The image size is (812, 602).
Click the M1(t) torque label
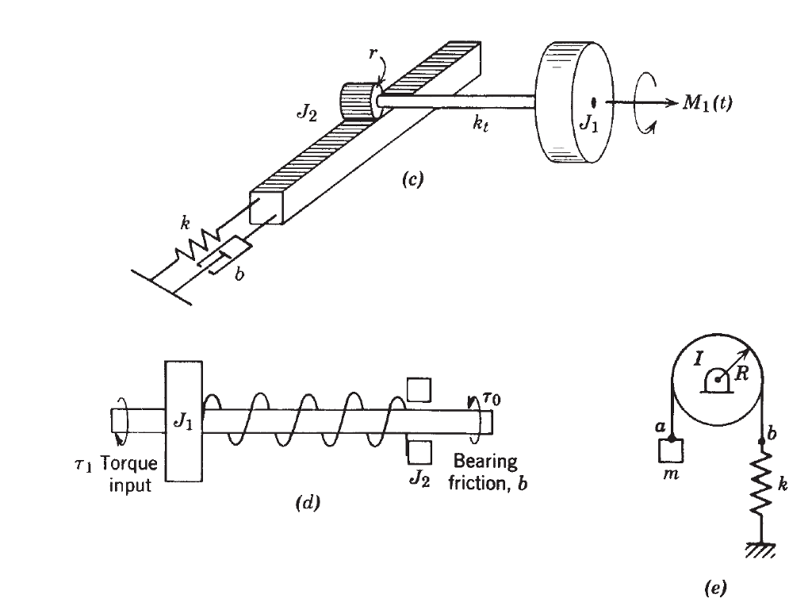click(704, 103)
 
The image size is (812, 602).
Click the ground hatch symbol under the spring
click(762, 549)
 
